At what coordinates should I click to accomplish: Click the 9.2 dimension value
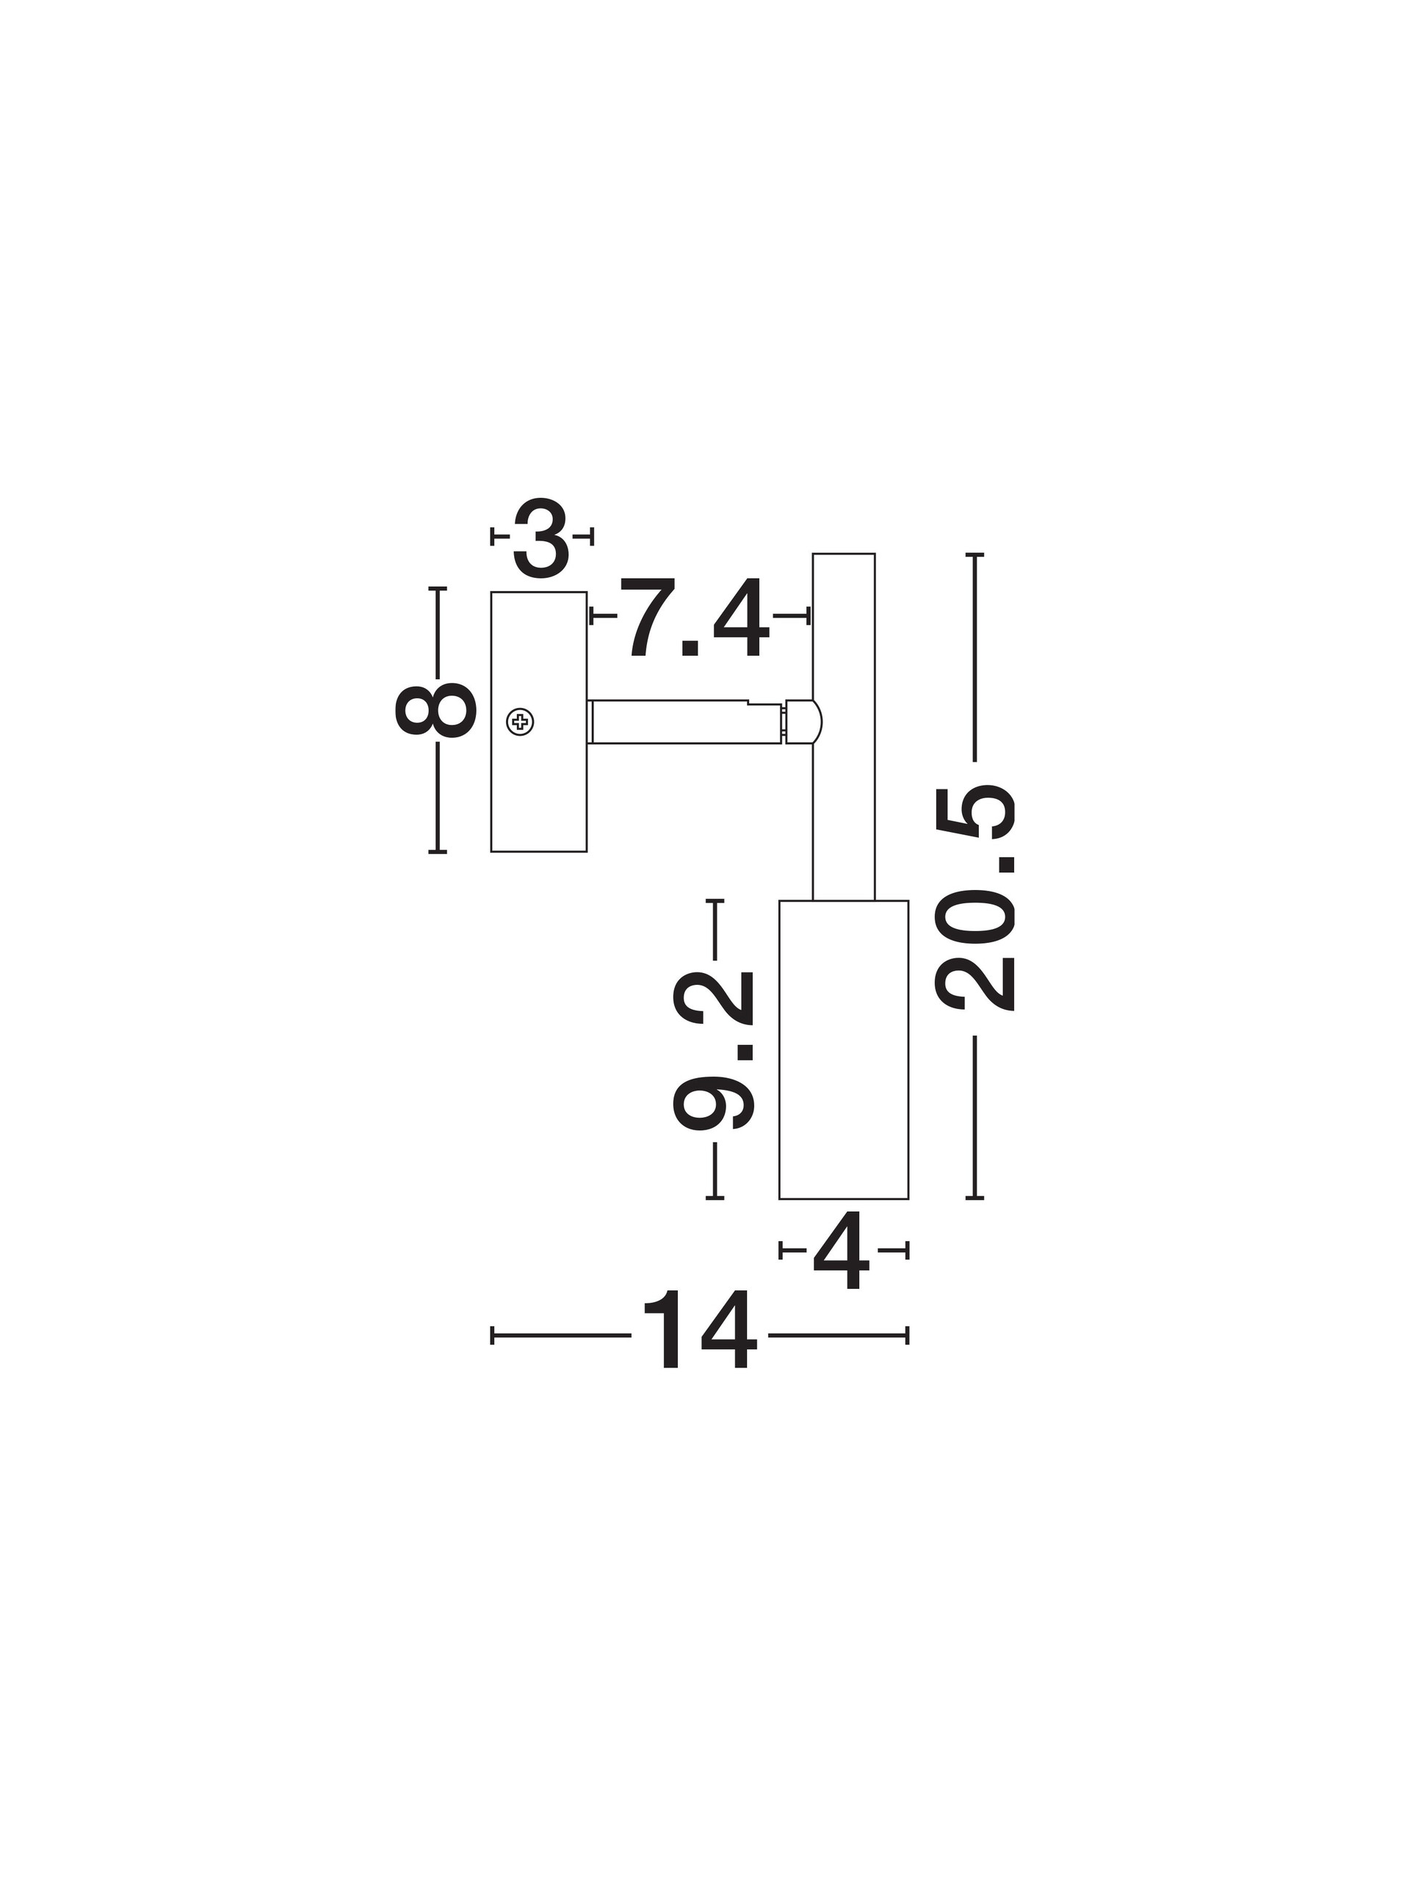tap(714, 1050)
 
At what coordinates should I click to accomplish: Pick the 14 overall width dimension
tap(698, 1335)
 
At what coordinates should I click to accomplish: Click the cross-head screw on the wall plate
tap(520, 723)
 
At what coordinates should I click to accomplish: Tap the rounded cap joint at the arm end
tap(803, 723)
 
